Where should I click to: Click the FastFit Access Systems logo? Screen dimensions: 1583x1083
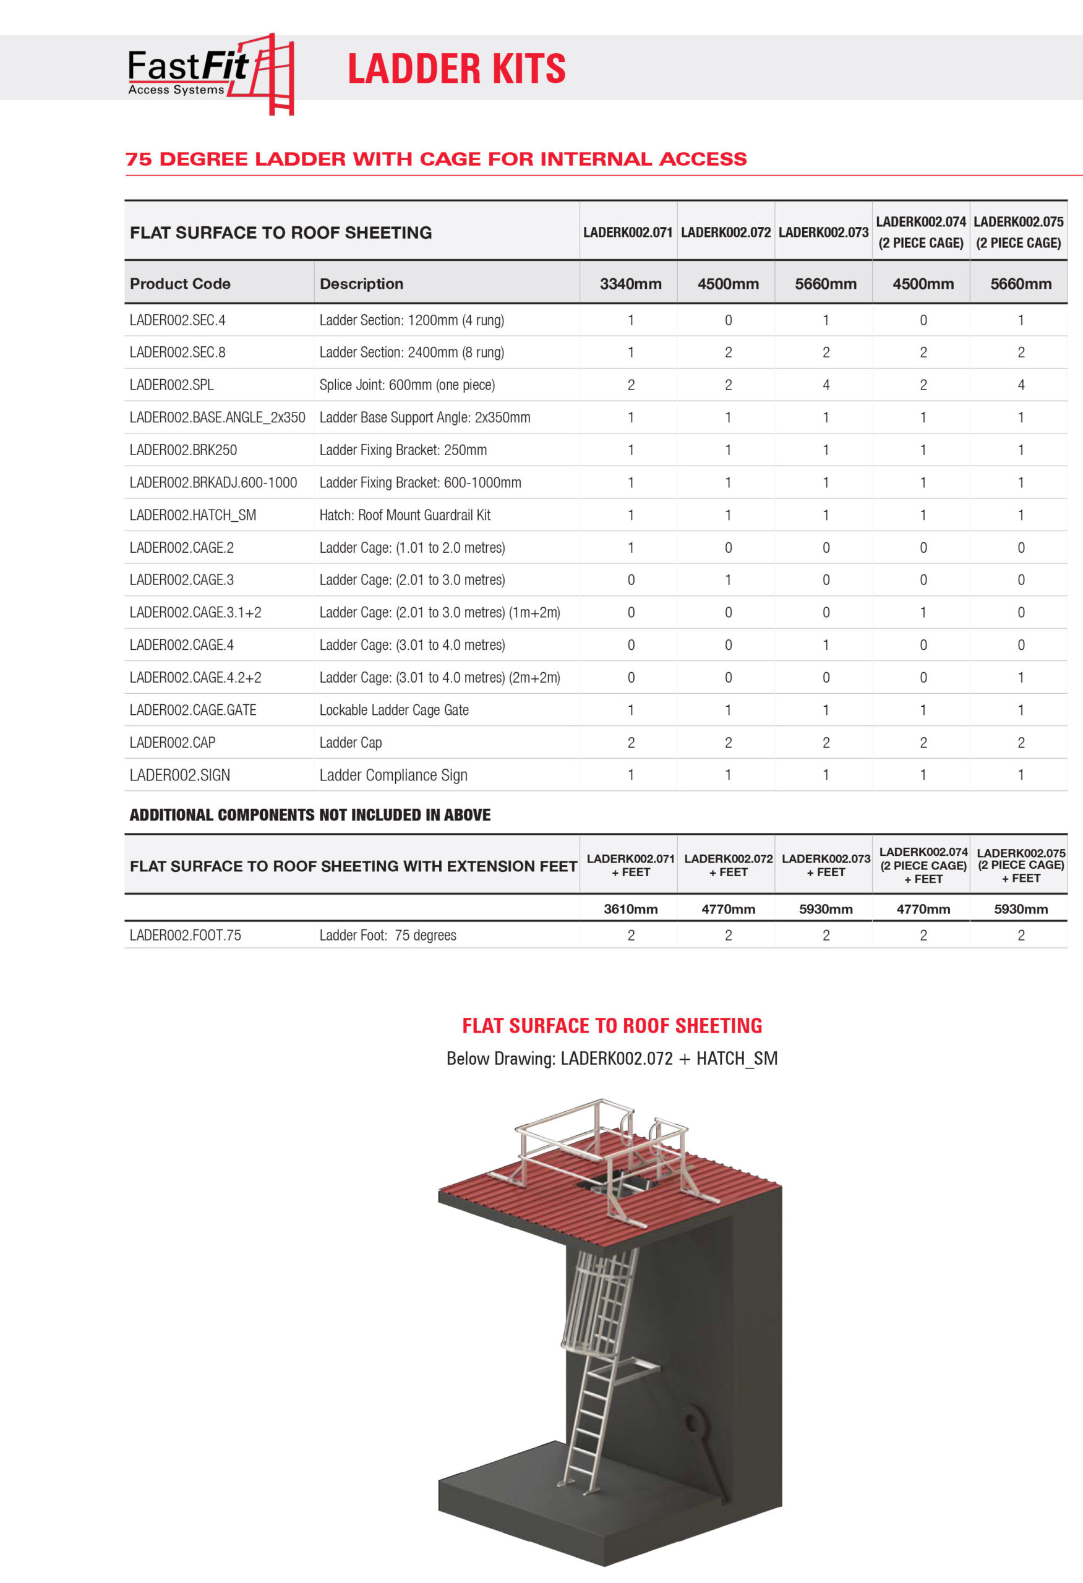point(210,74)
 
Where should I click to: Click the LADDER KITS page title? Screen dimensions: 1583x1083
point(456,69)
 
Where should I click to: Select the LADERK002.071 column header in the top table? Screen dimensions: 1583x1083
point(627,233)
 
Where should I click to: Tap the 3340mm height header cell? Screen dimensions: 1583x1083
point(630,284)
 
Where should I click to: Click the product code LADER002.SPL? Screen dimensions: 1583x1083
point(172,385)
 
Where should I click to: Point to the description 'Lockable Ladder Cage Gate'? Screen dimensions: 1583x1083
point(394,710)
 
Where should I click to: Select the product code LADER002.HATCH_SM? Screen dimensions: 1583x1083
point(193,515)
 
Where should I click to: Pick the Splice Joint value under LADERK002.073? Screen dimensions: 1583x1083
point(826,385)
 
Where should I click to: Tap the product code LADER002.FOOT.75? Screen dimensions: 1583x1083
point(186,935)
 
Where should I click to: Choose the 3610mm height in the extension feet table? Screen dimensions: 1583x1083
point(630,908)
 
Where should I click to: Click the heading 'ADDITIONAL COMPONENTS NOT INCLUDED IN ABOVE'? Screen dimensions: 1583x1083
point(310,814)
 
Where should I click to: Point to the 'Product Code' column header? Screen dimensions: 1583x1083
point(180,284)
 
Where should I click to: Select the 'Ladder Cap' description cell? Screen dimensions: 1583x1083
point(350,743)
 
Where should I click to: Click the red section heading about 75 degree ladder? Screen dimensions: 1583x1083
point(436,159)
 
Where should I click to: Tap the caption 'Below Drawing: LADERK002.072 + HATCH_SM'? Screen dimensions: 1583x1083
point(612,1059)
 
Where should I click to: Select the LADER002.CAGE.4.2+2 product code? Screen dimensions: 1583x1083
point(195,677)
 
